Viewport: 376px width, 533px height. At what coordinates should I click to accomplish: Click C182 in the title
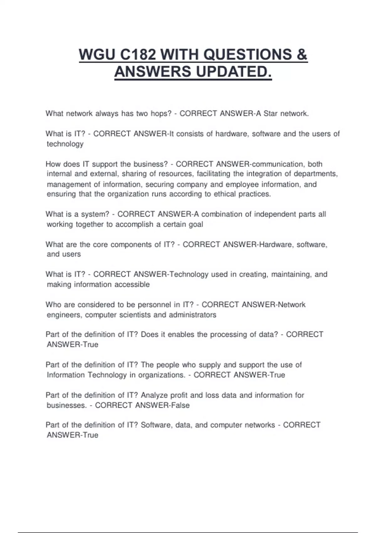point(138,55)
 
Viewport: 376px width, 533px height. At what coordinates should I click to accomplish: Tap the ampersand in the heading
point(302,55)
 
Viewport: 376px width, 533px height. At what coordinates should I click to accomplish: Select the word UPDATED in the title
point(234,72)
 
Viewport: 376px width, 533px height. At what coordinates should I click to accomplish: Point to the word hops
point(161,113)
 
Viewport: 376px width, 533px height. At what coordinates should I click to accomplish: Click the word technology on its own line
point(65,144)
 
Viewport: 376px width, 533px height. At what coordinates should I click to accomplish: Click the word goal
point(196,224)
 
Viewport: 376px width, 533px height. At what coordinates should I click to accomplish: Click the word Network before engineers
point(292,304)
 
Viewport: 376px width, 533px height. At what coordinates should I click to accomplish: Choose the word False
point(180,405)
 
